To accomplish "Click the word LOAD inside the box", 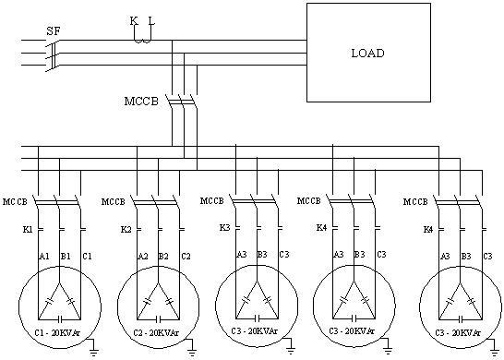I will tap(367, 53).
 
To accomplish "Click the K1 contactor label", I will tap(27, 228).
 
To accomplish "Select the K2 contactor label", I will tap(126, 228).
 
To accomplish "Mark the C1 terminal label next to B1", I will tap(87, 256).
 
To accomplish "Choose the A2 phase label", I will tap(141, 256).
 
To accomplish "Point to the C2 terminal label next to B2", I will tap(186, 256).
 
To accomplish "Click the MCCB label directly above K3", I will tap(211, 200).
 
